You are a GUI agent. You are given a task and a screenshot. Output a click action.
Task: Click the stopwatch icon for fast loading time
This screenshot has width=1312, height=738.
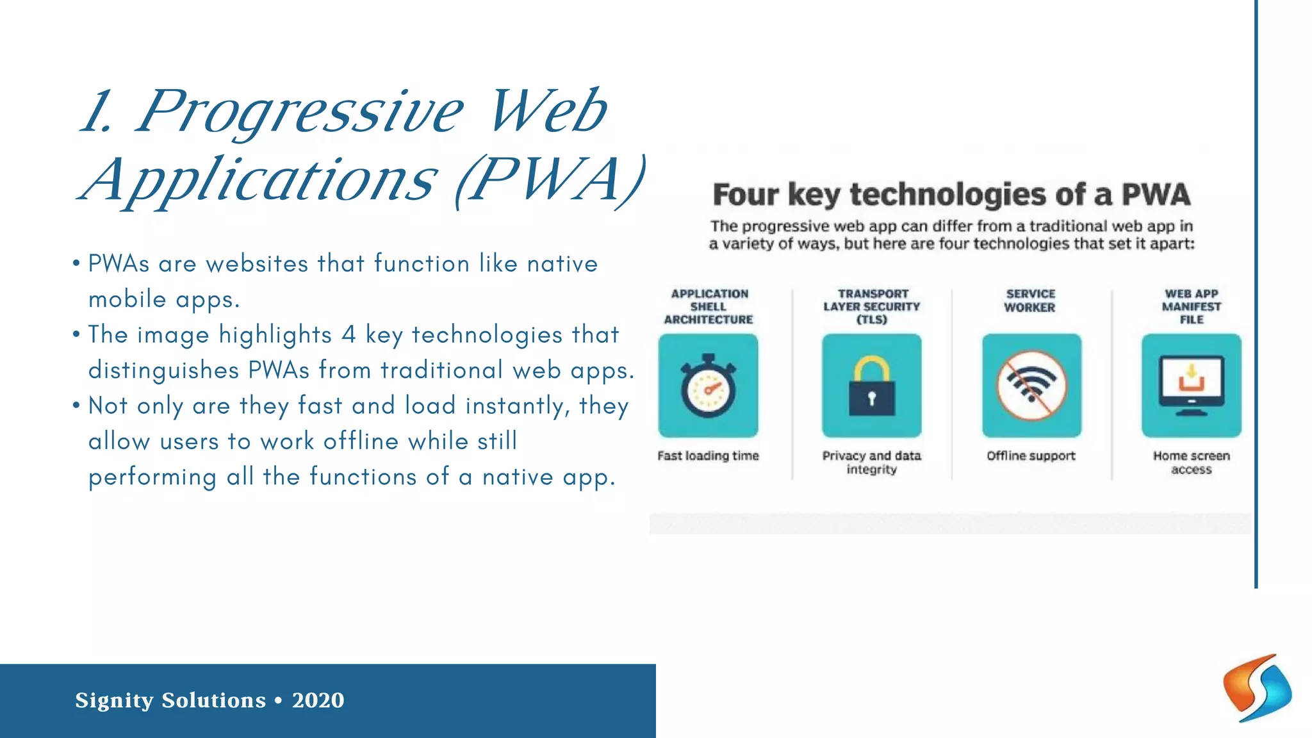pyautogui.click(x=708, y=386)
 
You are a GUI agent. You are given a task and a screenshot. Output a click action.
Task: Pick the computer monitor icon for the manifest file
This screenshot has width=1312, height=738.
pyautogui.click(x=1191, y=385)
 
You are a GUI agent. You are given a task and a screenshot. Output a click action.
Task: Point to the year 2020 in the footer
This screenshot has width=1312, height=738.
pyautogui.click(x=318, y=700)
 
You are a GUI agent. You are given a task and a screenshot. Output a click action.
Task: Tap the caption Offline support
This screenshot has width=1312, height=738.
pyautogui.click(x=1031, y=455)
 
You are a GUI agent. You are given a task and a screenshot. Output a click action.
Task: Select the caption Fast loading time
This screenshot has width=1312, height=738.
pyautogui.click(x=708, y=455)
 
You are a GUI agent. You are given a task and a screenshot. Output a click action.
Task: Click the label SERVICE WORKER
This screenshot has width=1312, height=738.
pyautogui.click(x=1030, y=300)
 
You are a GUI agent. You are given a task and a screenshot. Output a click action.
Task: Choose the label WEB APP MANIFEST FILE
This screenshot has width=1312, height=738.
pyautogui.click(x=1192, y=306)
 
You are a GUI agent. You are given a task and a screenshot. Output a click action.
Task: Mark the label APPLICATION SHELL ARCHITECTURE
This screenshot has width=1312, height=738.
pyautogui.click(x=709, y=306)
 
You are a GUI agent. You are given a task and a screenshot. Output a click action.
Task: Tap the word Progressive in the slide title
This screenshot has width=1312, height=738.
pyautogui.click(x=299, y=112)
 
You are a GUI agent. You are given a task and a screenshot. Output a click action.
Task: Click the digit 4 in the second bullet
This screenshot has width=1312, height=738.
pyautogui.click(x=348, y=334)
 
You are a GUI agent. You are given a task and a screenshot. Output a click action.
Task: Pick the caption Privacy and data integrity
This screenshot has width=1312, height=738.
pyautogui.click(x=872, y=462)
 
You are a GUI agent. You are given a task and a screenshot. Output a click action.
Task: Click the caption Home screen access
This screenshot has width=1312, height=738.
pyautogui.click(x=1192, y=462)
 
